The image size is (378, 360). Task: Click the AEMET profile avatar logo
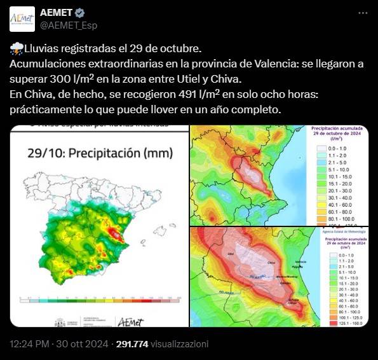click(x=22, y=18)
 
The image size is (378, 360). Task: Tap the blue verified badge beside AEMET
click(x=80, y=13)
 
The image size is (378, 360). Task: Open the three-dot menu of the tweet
click(x=362, y=13)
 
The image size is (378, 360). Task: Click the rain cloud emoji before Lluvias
click(x=17, y=50)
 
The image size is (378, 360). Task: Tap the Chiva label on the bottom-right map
click(x=271, y=261)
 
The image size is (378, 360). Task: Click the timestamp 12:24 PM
click(x=29, y=344)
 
